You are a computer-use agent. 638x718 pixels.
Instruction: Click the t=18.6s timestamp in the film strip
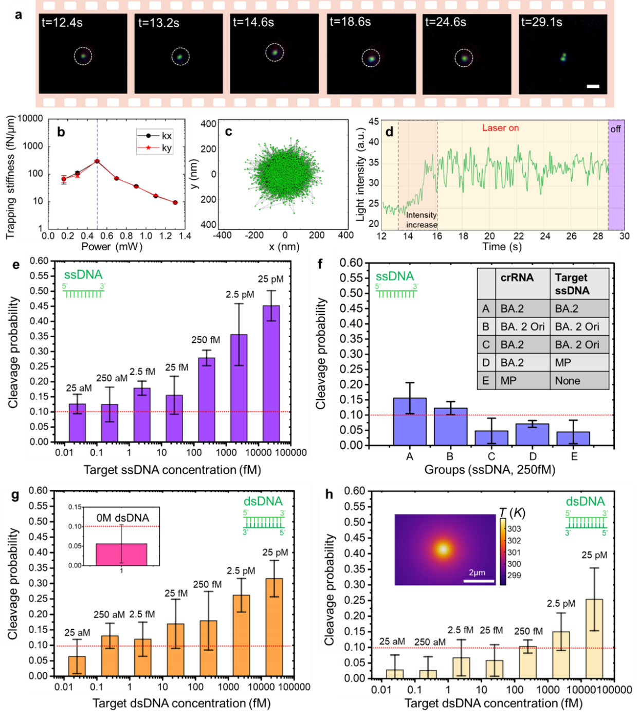[x=350, y=22]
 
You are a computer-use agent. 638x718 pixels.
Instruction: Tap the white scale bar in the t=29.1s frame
[x=593, y=86]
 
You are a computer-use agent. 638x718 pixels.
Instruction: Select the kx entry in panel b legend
[x=167, y=136]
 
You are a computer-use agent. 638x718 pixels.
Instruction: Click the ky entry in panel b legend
[x=167, y=148]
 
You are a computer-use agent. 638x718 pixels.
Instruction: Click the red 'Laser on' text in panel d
[x=500, y=128]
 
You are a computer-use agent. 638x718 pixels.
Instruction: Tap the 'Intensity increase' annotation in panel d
[x=422, y=220]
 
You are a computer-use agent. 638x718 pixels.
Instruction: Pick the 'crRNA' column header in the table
[x=517, y=278]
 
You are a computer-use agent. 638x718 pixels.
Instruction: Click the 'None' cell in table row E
[x=568, y=381]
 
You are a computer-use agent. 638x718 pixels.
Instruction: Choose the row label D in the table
[x=486, y=363]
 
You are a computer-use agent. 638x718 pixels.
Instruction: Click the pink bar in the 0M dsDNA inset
[x=121, y=555]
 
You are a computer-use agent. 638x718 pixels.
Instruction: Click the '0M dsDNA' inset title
[x=123, y=518]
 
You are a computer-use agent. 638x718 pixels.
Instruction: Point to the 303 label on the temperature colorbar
[x=514, y=529]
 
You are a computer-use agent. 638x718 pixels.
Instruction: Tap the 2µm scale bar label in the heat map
[x=477, y=573]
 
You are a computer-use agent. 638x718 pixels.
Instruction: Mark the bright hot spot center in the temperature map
[x=443, y=549]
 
